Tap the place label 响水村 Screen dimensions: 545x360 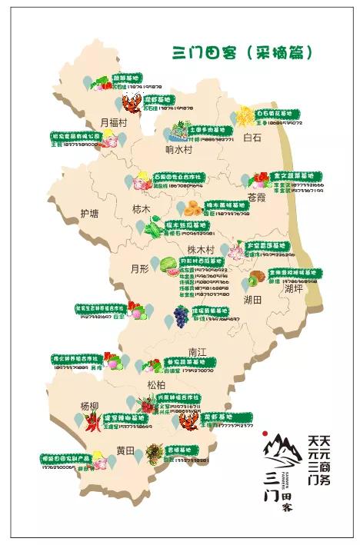pyautogui.click(x=178, y=149)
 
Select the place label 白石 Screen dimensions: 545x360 pyautogui.click(x=252, y=138)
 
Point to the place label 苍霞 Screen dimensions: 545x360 pyautogui.click(x=256, y=198)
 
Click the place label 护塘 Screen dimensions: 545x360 pyautogui.click(x=91, y=214)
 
